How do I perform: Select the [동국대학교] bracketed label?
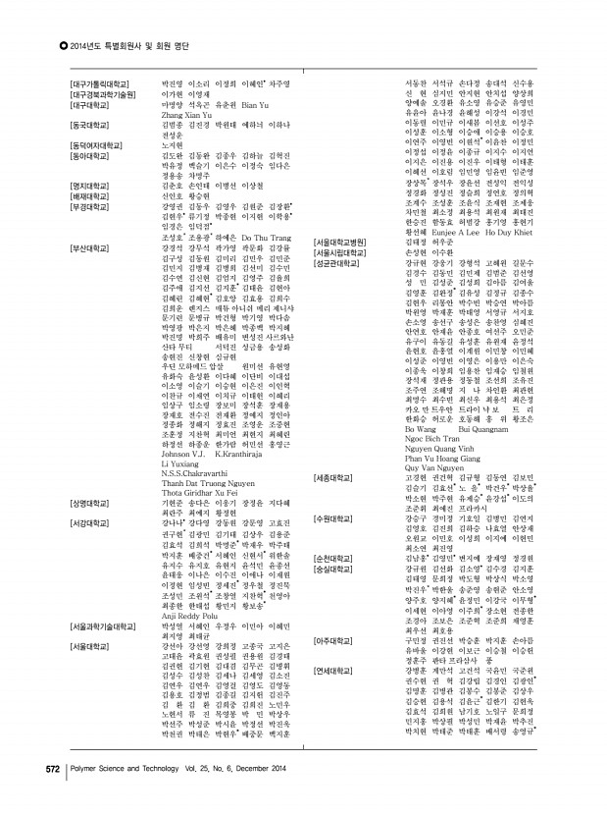pos(89,125)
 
